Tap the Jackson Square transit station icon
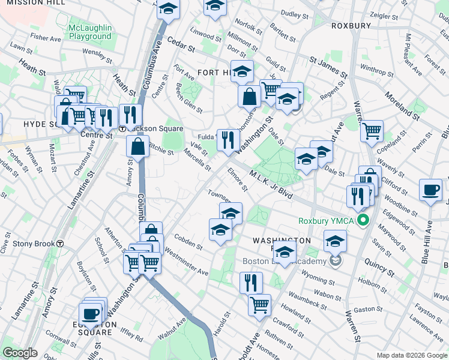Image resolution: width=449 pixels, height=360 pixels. pos(122,128)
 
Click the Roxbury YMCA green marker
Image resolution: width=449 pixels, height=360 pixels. pos(362,221)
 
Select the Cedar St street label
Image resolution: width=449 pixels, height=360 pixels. pos(182,46)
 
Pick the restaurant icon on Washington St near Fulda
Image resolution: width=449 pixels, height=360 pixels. pos(228,140)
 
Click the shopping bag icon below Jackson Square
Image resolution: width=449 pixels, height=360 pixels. pos(138,146)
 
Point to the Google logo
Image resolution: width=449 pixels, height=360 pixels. pos(20,353)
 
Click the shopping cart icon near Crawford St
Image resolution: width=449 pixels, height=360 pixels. pos(259,304)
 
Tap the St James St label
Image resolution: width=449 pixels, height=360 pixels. pos(329,67)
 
